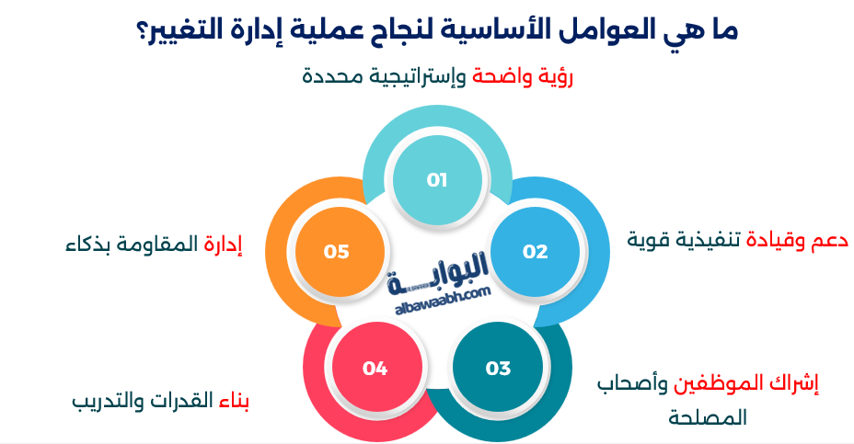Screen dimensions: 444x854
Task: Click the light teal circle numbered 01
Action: point(436,180)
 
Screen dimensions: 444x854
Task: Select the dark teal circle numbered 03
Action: point(498,369)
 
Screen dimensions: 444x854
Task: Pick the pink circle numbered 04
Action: point(375,369)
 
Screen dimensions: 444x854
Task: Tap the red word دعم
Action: point(814,241)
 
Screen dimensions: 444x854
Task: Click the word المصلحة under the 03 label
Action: point(707,418)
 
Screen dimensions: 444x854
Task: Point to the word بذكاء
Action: point(92,245)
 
